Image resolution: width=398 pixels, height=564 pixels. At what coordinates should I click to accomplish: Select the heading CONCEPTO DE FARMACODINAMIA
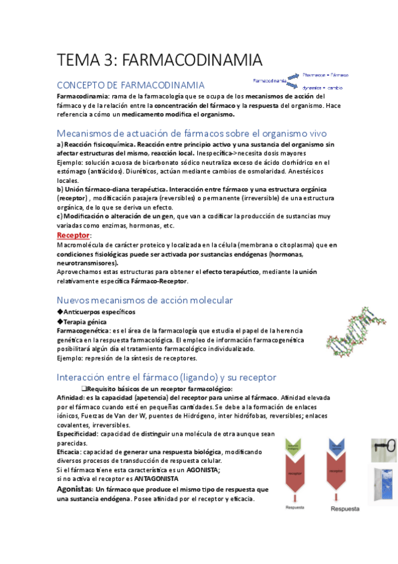(130, 85)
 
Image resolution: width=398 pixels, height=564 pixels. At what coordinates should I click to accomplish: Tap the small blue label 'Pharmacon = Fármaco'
(325, 75)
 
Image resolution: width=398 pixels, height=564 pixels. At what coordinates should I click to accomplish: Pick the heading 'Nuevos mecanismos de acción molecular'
(145, 300)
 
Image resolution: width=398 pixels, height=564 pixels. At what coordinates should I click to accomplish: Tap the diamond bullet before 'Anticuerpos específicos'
(60, 312)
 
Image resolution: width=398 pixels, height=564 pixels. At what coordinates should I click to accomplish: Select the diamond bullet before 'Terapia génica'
(60, 321)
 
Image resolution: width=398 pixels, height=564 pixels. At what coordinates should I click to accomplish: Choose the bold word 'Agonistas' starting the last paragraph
(74, 490)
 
